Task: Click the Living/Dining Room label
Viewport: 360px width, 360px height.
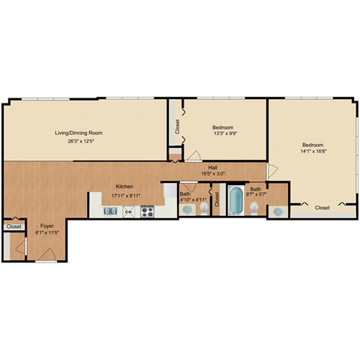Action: (x=79, y=133)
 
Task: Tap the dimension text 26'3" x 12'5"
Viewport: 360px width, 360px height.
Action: (x=79, y=140)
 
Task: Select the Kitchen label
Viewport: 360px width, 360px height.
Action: (x=124, y=187)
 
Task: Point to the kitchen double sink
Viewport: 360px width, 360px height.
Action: (x=109, y=211)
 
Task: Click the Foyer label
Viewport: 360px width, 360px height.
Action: (x=47, y=225)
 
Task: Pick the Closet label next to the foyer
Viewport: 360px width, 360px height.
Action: (x=13, y=226)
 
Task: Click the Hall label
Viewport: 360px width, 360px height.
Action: (x=213, y=167)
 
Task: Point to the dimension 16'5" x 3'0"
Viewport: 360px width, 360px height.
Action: (x=213, y=174)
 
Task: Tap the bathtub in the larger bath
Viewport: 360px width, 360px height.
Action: (x=236, y=201)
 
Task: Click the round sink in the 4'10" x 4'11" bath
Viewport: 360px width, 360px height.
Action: (x=186, y=211)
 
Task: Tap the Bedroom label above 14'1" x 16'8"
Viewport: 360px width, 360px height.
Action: (x=313, y=145)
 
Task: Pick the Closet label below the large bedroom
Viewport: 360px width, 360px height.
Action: (x=322, y=207)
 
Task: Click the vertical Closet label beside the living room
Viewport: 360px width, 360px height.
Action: (x=178, y=126)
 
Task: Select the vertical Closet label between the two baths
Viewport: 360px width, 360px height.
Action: (x=217, y=200)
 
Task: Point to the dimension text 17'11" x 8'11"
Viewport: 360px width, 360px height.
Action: (x=124, y=194)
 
